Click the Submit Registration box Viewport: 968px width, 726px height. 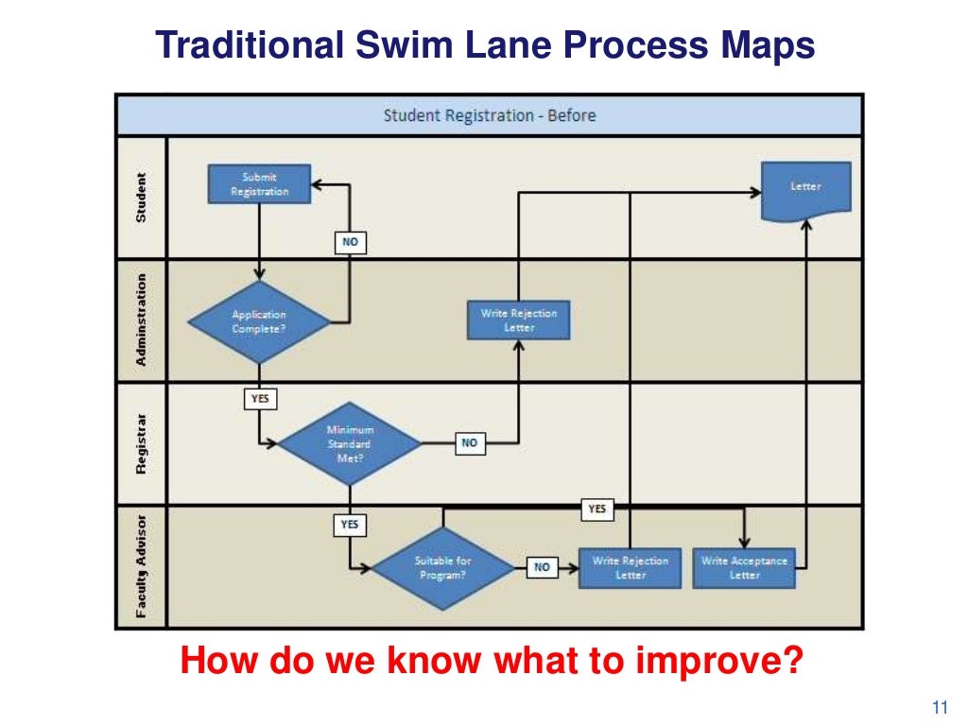[260, 184]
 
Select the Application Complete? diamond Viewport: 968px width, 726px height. [259, 321]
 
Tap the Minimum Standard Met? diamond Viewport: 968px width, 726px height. [350, 443]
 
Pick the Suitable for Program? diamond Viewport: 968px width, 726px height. [442, 567]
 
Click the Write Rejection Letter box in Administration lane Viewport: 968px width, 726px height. [519, 320]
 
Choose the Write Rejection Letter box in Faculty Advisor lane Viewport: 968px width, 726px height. [630, 567]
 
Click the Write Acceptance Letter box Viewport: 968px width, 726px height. [744, 567]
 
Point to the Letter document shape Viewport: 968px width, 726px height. [806, 187]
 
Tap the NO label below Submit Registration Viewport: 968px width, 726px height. [350, 242]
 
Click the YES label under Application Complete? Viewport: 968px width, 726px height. [260, 399]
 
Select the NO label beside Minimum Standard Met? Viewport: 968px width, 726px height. [470, 442]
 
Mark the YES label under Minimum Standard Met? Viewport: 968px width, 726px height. [350, 523]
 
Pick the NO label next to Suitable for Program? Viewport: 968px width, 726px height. [542, 567]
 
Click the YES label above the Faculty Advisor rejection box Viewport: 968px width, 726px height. [596, 510]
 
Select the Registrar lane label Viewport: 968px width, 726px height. [142, 442]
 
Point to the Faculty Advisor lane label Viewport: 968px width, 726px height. [142, 566]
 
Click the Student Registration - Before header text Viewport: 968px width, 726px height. [489, 115]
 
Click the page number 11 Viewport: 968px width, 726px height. [939, 707]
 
